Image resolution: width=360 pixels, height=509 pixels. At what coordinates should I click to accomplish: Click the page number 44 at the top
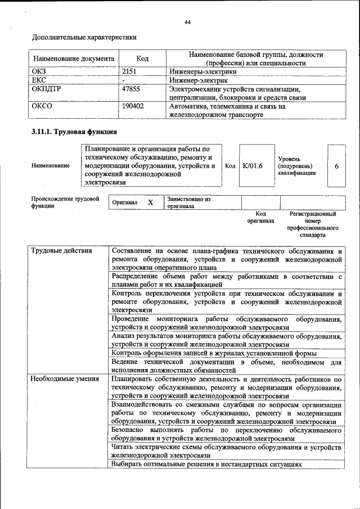click(x=188, y=22)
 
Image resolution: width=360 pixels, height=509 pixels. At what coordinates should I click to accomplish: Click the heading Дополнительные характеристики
click(x=84, y=38)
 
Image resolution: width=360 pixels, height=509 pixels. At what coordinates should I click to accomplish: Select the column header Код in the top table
click(x=142, y=58)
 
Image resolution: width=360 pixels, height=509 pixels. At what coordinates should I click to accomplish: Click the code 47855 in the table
click(x=131, y=89)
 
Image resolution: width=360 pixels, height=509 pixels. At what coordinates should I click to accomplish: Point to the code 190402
click(x=133, y=106)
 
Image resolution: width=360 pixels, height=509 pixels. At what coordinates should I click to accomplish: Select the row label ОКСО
click(x=42, y=106)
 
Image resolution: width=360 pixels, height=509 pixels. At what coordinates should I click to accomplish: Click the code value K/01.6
click(x=253, y=166)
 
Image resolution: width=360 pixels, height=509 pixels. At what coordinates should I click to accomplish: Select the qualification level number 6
click(x=336, y=166)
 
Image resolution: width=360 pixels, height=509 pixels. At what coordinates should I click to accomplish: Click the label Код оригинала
click(x=260, y=218)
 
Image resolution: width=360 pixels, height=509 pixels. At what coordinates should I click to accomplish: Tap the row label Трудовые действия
click(x=61, y=250)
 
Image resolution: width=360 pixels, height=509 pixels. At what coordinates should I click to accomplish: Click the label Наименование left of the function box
click(x=51, y=166)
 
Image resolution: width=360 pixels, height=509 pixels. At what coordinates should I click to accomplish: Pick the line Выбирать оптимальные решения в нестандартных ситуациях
click(x=207, y=465)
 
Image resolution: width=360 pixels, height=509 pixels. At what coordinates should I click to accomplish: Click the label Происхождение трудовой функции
click(x=65, y=202)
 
